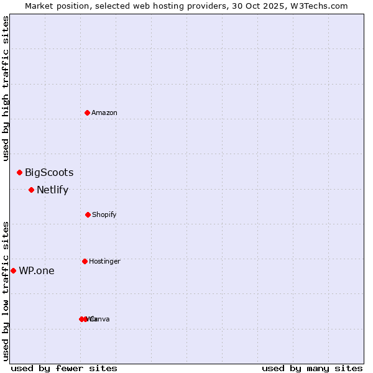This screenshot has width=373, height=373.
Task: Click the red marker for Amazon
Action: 88,113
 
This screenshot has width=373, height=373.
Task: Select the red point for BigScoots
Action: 20,172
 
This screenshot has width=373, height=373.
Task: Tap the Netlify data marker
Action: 31,190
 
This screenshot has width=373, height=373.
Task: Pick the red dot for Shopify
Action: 88,214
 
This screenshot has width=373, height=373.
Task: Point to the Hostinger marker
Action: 85,261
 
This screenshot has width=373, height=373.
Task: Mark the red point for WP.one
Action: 13,270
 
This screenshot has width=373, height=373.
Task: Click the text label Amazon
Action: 104,113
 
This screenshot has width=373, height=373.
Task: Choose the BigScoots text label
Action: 49,173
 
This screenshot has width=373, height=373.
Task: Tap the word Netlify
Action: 52,190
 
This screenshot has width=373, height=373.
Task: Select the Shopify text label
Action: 104,214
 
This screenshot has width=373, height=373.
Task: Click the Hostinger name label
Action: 104,261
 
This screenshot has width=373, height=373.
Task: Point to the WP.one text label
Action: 37,271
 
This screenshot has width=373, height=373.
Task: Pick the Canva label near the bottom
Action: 100,319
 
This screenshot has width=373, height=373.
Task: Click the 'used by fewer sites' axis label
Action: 64,368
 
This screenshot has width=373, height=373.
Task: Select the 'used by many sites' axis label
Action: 312,368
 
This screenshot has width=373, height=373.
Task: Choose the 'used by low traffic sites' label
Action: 6,291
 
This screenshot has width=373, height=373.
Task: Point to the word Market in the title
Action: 39,6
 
